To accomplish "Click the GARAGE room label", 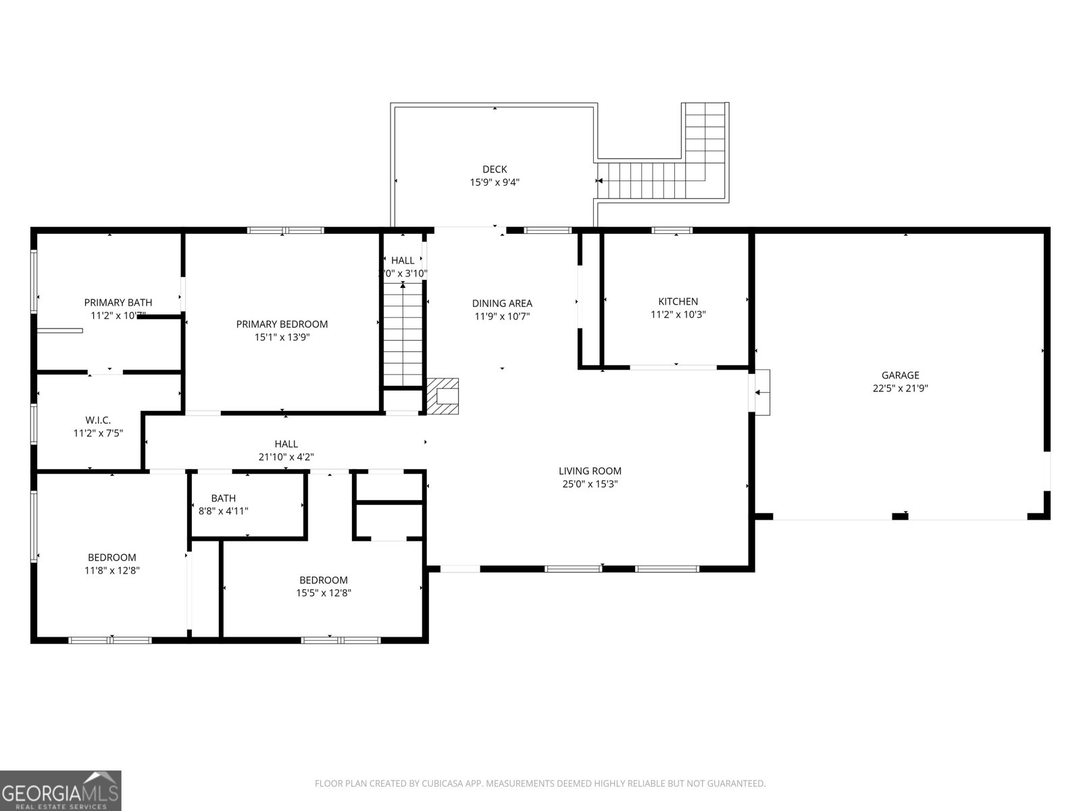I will (x=900, y=375).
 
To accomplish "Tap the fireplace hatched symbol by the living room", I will (x=443, y=396).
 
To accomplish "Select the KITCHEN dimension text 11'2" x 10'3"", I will (x=678, y=314).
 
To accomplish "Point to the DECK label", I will (x=495, y=169).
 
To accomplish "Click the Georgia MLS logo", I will (x=60, y=790).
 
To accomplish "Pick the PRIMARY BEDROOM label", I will (x=282, y=324).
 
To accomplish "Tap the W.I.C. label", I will (x=98, y=420).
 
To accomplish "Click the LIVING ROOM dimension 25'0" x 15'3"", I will (x=590, y=484).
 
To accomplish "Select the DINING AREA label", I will (x=502, y=303).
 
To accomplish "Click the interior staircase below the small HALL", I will (x=403, y=335).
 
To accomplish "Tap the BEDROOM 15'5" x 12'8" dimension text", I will (x=324, y=593).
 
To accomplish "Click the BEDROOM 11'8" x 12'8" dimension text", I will (x=112, y=570).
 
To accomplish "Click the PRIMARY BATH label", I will (x=118, y=303).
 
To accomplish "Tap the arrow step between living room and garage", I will (x=761, y=392).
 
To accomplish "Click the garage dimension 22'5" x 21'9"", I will (x=900, y=388).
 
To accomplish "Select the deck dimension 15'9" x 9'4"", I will (x=495, y=182).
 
